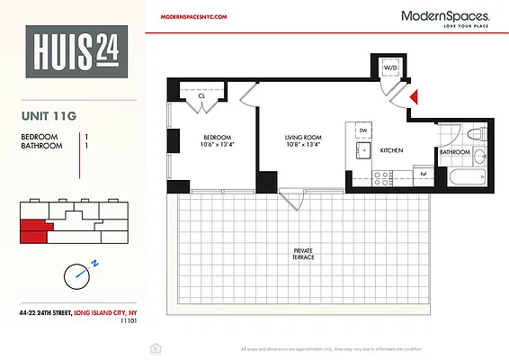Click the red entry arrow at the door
pyautogui.click(x=415, y=96)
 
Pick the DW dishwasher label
pyautogui.click(x=363, y=130)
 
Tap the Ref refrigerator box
pyautogui.click(x=423, y=172)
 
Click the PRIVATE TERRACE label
pyautogui.click(x=303, y=254)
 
